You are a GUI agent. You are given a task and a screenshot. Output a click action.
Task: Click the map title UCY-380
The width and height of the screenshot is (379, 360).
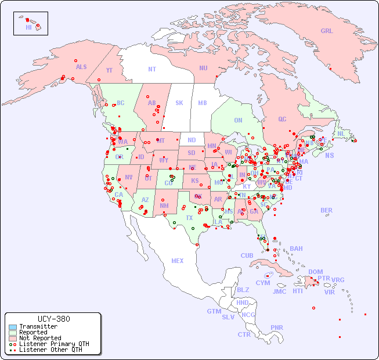[53, 319]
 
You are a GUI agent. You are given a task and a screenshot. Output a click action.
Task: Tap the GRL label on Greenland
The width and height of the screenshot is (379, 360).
[327, 31]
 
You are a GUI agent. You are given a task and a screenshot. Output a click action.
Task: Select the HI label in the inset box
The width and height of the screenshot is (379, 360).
[28, 27]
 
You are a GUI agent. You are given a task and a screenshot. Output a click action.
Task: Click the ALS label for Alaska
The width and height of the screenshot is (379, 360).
[81, 67]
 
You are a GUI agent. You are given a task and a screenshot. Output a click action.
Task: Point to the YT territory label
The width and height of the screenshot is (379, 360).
[109, 70]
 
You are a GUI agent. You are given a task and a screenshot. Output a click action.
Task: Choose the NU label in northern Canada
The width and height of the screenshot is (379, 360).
[203, 68]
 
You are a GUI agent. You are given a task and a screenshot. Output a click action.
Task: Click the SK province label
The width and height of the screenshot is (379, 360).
[179, 103]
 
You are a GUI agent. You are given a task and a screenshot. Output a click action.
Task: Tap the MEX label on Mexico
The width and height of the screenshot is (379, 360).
[178, 261]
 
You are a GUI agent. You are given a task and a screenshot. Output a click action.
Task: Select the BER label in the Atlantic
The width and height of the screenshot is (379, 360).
[327, 210]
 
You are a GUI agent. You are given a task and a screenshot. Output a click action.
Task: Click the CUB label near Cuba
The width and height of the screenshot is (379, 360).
[247, 255]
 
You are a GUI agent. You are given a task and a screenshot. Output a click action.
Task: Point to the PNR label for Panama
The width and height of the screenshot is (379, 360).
[277, 327]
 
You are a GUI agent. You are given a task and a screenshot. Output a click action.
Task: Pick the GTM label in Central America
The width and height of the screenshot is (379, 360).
[214, 311]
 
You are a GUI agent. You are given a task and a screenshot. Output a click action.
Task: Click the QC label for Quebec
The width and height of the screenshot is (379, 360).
[282, 119]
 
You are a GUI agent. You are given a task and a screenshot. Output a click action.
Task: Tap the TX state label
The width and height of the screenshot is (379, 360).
[189, 218]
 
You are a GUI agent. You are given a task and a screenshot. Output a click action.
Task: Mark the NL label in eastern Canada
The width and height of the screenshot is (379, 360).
[341, 133]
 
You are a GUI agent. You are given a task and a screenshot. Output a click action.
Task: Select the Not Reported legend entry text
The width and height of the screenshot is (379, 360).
[39, 338]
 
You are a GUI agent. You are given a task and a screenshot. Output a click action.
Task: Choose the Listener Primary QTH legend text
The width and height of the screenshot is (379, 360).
[54, 344]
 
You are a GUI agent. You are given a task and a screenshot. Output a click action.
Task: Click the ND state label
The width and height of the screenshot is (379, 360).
[192, 140]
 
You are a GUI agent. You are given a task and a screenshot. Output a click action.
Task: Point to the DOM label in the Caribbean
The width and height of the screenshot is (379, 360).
[315, 272]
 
